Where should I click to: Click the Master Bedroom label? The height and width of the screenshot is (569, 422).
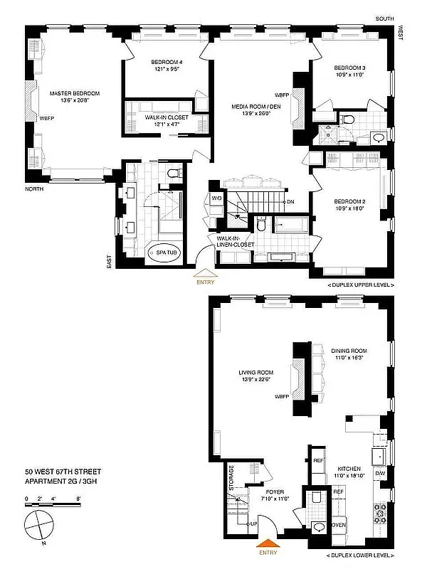(74, 93)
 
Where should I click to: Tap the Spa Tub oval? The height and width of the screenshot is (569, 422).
(164, 251)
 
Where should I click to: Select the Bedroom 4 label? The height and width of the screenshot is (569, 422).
(167, 62)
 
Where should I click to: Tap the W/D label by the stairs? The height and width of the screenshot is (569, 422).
(215, 199)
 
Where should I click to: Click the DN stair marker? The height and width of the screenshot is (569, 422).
(291, 202)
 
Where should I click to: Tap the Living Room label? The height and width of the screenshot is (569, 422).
(255, 373)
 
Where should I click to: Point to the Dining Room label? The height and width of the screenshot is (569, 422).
(348, 351)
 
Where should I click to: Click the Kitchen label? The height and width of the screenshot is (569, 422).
(349, 469)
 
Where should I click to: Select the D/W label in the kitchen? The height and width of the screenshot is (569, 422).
(381, 473)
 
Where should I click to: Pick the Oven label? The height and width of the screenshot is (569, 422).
(338, 526)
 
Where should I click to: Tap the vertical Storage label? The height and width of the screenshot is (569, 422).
(231, 478)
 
